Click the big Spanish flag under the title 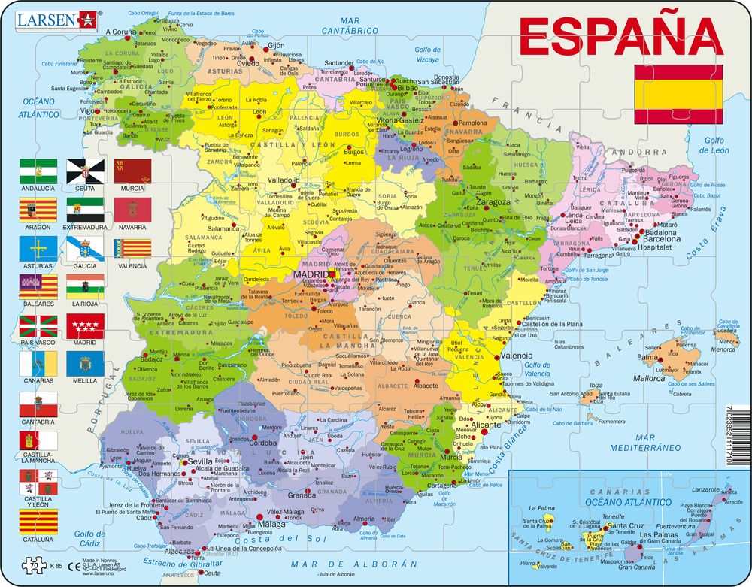(x=678, y=94)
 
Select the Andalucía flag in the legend (x=38, y=171)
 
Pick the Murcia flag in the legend (x=132, y=171)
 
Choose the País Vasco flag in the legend (x=38, y=326)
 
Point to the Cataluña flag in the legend (x=38, y=521)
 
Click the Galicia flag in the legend (x=85, y=249)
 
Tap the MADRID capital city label (x=311, y=275)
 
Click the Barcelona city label (x=662, y=239)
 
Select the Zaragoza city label (x=493, y=202)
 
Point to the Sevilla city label (x=201, y=461)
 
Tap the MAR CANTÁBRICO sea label (x=350, y=25)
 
